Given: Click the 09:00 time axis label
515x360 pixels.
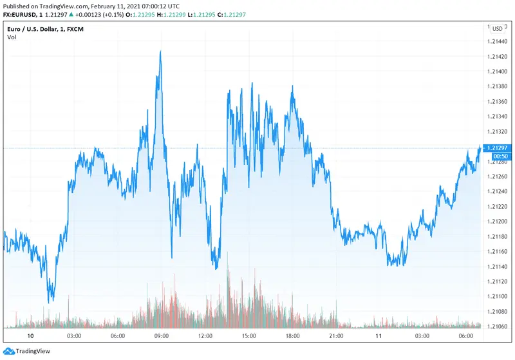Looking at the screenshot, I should coord(162,336).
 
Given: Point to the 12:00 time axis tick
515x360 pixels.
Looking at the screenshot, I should coord(205,336).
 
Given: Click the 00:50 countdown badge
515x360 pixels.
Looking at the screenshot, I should coord(501,156).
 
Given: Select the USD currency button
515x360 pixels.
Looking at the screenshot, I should coord(497,28).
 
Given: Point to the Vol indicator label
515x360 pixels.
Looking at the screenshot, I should coord(12,37).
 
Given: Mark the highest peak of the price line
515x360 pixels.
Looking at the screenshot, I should coord(160,52).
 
